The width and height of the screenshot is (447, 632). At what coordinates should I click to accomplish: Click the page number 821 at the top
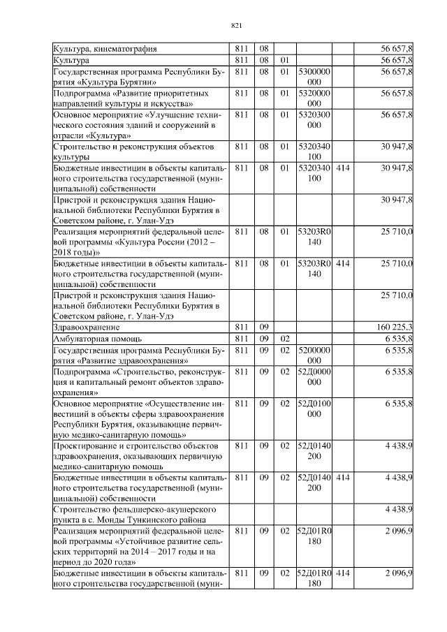(236, 27)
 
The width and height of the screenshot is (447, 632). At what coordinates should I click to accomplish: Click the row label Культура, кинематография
(105, 50)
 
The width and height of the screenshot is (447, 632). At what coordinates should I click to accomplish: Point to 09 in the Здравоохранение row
(264, 327)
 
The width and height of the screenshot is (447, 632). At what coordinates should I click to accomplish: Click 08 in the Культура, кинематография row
(264, 50)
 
